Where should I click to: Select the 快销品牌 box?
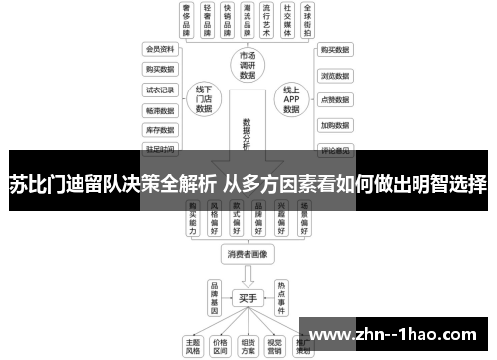click(235, 20)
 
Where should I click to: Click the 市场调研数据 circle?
click(248, 65)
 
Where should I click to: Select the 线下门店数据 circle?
click(204, 99)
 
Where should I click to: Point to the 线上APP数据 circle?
click(291, 99)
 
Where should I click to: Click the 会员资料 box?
click(159, 48)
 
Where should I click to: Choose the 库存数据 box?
click(159, 129)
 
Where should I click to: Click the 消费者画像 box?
click(248, 255)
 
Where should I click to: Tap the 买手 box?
click(248, 298)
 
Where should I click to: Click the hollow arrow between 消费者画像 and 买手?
click(248, 275)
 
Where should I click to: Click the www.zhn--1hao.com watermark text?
click(399, 333)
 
